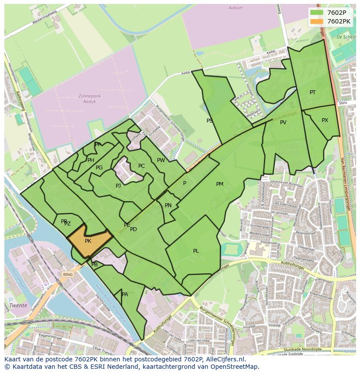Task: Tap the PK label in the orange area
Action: coord(88,241)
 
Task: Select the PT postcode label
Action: coord(313,93)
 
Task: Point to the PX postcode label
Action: coord(325,120)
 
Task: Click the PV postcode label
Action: coord(283,122)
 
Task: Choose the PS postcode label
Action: coord(210,121)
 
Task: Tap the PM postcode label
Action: coord(220,184)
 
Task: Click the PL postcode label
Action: coord(196,251)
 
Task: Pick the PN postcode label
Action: coord(168,205)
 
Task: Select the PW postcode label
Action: coord(161,160)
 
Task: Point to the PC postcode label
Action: coord(141,166)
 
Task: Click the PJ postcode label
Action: coord(118,186)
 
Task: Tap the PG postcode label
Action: coord(99,168)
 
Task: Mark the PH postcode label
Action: coord(91,160)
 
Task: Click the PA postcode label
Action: coord(125,295)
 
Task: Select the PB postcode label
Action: coord(95,265)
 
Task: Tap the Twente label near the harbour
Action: coord(19,305)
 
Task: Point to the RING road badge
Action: coord(67,275)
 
